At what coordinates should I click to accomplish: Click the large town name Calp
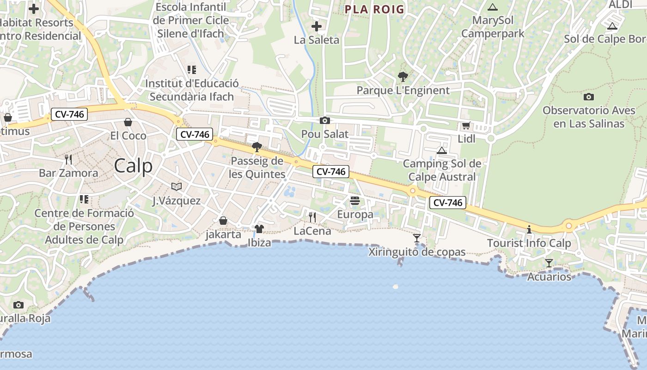point(133,166)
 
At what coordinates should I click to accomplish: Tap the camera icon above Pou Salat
point(325,121)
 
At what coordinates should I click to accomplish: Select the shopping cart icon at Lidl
point(466,125)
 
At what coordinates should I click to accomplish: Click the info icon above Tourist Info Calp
point(529,229)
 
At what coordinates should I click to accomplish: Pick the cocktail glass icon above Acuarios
point(549,263)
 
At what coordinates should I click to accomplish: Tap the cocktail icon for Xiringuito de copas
point(417,238)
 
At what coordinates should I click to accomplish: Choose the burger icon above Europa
point(355,201)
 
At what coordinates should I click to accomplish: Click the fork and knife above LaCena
point(312,217)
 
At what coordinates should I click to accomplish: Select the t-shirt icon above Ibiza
point(259,228)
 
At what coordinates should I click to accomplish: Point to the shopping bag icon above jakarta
point(223,221)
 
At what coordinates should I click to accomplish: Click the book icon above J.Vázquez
point(176,186)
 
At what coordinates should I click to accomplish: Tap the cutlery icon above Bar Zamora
point(68,160)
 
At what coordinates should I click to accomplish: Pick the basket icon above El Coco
point(128,122)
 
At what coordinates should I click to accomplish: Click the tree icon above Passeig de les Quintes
point(257,148)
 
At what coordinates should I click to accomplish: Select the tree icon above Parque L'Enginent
point(403,77)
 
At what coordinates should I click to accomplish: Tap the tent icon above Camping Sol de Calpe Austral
point(442,150)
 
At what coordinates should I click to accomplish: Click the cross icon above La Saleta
point(317,26)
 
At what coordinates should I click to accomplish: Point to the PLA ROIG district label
point(374,9)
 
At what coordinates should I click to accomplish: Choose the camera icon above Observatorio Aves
point(588,97)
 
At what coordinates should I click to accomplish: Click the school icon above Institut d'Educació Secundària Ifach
point(192,70)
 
